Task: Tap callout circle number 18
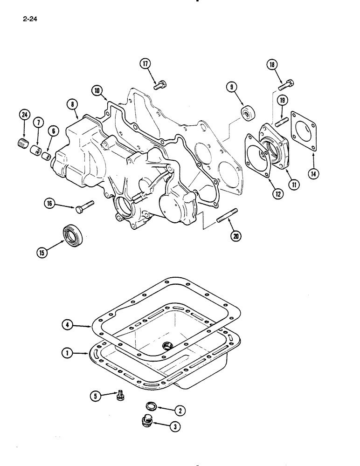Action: [272, 65]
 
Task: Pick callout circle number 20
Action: [236, 236]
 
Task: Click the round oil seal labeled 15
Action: [72, 235]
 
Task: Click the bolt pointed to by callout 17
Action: [160, 85]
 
